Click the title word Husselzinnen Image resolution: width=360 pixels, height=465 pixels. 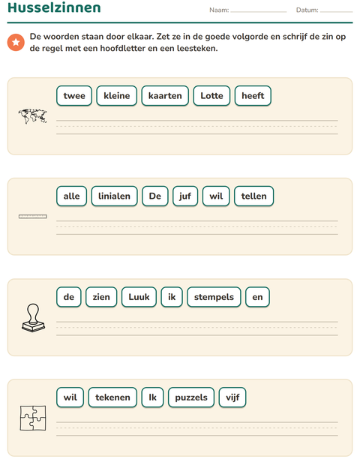(x=54, y=7)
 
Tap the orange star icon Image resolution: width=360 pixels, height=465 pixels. (x=16, y=43)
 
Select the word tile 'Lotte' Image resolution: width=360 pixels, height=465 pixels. (x=211, y=95)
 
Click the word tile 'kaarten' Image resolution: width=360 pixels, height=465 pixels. (x=165, y=95)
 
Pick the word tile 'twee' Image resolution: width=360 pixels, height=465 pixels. (x=74, y=95)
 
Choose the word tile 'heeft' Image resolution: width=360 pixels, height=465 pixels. (x=253, y=95)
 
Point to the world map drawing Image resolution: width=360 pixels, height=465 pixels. (x=32, y=116)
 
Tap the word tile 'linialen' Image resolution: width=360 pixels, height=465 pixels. (x=114, y=196)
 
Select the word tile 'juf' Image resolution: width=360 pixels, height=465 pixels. (x=185, y=196)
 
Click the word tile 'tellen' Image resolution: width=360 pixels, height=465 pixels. (x=253, y=196)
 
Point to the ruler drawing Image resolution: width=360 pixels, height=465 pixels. (x=32, y=217)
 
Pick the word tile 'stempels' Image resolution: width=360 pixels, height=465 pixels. (x=214, y=297)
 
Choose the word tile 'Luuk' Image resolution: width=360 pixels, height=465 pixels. (x=139, y=297)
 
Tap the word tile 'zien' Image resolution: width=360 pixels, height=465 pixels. (x=101, y=297)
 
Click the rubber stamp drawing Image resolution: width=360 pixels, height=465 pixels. (x=33, y=317)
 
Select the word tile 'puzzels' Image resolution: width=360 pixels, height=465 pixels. (x=191, y=397)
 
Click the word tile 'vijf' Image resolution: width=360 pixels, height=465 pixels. (x=232, y=397)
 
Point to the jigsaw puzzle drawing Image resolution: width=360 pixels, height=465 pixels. (x=33, y=418)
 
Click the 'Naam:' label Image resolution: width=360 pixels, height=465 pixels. (x=219, y=10)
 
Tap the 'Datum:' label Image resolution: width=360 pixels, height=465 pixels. (x=307, y=10)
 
